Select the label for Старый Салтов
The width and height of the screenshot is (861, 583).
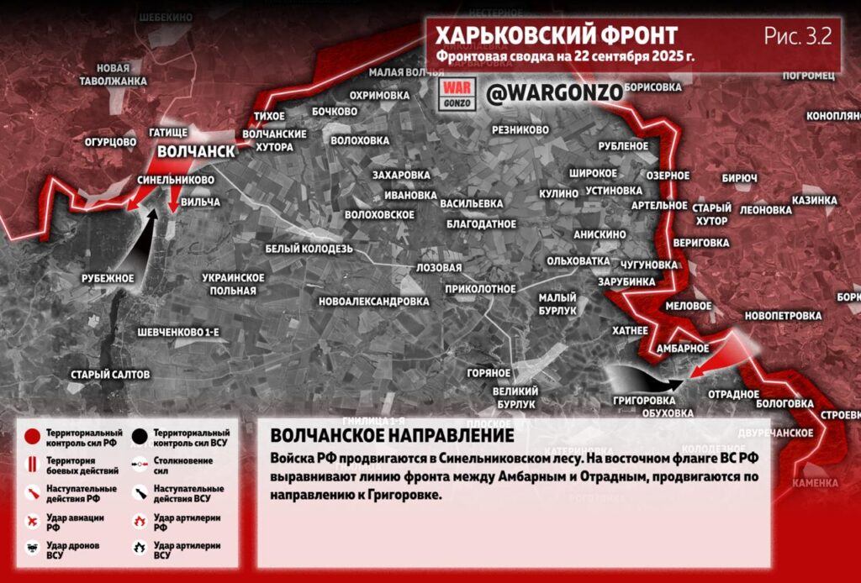pos(110,374)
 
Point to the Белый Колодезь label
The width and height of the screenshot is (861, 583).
pos(309,249)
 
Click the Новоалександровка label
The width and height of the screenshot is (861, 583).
pos(374,301)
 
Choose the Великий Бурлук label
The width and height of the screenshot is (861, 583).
pos(515,397)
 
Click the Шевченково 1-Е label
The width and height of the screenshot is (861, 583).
pos(178,333)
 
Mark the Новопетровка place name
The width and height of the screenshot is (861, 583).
pos(782,316)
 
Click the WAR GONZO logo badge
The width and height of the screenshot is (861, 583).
pos(458,93)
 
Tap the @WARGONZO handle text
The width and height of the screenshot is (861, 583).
pos(555,92)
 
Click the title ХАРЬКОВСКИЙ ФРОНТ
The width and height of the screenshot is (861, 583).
pos(556,36)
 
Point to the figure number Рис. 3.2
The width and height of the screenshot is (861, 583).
pos(797,35)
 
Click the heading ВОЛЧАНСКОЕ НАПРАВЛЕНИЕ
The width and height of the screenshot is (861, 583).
pos(392,436)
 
